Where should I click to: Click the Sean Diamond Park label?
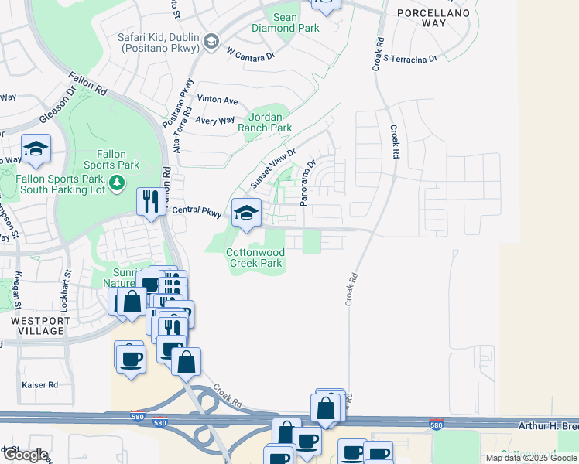pos(286,22)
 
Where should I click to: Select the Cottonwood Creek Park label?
pos(255,258)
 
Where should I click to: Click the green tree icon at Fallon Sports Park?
pos(117,183)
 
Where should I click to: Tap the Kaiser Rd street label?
pos(41,384)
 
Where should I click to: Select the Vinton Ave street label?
pos(218,101)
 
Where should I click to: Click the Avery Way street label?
pos(215,121)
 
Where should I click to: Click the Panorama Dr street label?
pos(308,183)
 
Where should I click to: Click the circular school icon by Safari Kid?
pos(210,41)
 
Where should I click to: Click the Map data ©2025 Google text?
pos(532,458)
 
